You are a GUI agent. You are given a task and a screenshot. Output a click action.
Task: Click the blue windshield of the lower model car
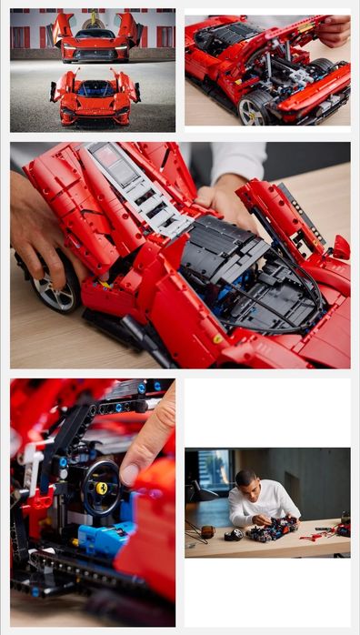(x=95, y=89)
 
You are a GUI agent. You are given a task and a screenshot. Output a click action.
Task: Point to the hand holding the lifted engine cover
(x=333, y=31)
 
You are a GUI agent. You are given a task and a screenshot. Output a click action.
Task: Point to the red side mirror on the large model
(x=340, y=247)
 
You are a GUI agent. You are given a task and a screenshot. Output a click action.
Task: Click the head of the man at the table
(x=245, y=479)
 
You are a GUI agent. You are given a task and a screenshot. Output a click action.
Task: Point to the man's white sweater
(x=259, y=505)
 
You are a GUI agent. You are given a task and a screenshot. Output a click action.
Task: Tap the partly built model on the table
(x=273, y=529)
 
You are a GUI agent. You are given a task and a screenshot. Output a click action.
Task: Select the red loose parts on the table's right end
(x=332, y=529)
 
